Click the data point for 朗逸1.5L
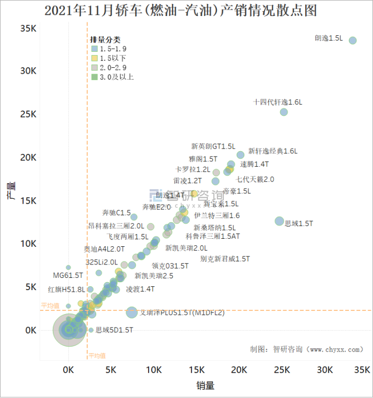[353, 41]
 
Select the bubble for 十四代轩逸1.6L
[284, 112]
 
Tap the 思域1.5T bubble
[279, 221]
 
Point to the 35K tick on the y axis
[28, 28]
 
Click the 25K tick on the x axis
[282, 370]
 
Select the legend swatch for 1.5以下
[94, 58]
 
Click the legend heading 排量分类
[105, 40]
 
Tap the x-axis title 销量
[205, 385]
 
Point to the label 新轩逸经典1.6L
[273, 151]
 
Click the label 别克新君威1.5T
[225, 259]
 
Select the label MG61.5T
[68, 275]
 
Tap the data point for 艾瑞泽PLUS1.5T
[131, 313]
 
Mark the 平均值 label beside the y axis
[50, 306]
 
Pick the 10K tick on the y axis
[28, 244]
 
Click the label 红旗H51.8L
[66, 290]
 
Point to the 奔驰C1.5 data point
[134, 217]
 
